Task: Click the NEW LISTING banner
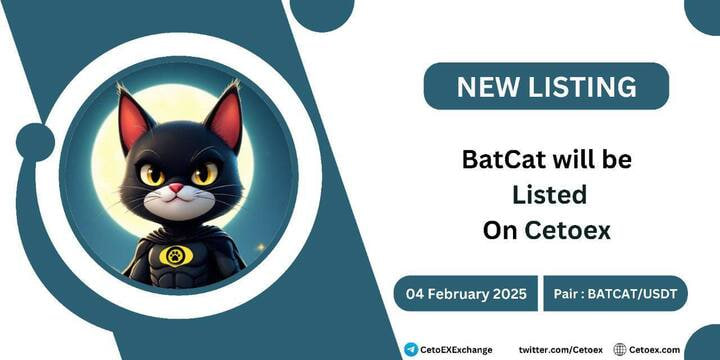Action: [546, 86]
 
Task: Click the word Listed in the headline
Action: [548, 196]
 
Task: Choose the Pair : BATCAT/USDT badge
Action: [616, 295]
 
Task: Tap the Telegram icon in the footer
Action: [411, 349]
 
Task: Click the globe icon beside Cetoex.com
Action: [620, 349]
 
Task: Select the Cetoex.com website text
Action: [656, 349]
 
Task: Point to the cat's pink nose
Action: [175, 189]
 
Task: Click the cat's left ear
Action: [134, 121]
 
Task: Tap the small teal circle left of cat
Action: [36, 142]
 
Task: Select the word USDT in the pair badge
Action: [655, 295]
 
